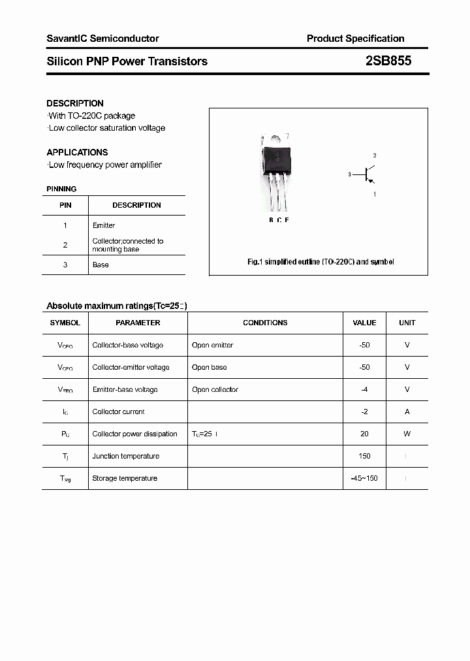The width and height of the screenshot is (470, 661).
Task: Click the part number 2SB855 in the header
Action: click(388, 61)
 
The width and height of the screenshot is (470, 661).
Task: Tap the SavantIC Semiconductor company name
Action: click(102, 39)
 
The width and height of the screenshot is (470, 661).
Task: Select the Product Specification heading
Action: click(355, 39)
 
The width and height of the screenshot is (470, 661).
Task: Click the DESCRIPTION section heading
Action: click(75, 103)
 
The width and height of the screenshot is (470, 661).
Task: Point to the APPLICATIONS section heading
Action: click(77, 152)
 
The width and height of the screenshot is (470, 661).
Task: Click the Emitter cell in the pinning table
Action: click(104, 225)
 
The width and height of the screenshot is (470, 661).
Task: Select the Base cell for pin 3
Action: click(101, 265)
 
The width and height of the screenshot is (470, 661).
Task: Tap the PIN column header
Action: click(65, 205)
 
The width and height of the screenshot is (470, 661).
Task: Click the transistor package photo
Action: click(276, 170)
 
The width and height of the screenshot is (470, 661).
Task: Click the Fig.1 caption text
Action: click(321, 261)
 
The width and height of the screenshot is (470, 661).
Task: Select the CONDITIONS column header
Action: click(265, 323)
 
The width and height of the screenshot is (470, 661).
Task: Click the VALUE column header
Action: click(364, 323)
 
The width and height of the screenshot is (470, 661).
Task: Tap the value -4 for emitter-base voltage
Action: click(364, 389)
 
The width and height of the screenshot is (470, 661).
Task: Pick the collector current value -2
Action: click(364, 411)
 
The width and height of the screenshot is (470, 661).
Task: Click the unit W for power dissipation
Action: click(407, 434)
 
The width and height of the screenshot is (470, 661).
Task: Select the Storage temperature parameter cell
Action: click(125, 478)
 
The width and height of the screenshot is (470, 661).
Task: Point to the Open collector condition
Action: click(215, 389)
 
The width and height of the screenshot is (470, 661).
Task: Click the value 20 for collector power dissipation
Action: click(364, 434)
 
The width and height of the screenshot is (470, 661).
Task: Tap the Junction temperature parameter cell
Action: click(126, 456)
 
